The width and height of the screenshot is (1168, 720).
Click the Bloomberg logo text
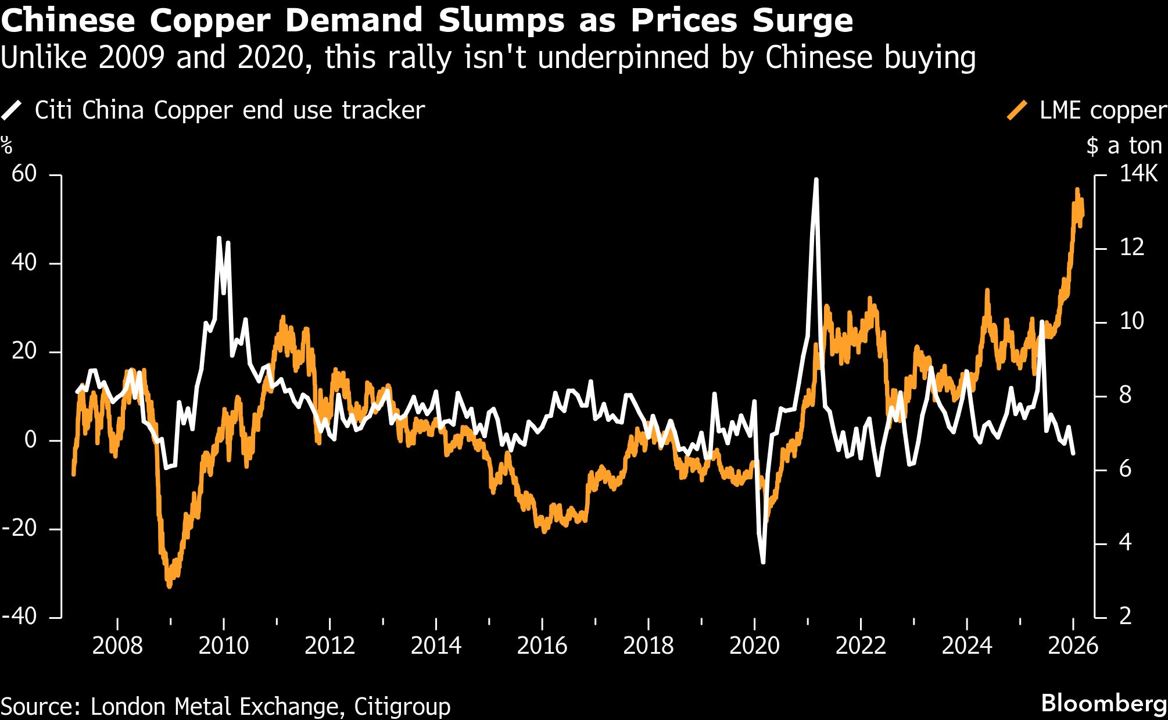pos(1103,703)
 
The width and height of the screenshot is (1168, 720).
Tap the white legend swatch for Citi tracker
pos(12,110)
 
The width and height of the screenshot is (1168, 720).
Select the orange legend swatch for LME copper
pos(1017,110)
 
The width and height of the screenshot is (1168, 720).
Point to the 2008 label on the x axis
pos(117,646)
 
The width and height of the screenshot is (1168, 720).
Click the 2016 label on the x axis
pos(542,646)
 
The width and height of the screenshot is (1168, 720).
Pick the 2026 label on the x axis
pos(1073,646)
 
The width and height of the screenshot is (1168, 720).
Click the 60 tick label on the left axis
pos(24,174)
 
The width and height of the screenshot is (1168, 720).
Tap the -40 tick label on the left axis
pos(20,616)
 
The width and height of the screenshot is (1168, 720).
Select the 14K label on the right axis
pos(1138,174)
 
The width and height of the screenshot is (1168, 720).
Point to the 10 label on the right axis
pos(1131,321)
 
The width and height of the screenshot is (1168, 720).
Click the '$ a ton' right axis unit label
pos(1124,146)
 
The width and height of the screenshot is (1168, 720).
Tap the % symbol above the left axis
pos(6,145)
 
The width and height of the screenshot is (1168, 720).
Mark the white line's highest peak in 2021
pos(816,180)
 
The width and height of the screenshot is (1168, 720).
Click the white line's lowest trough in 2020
pos(762,562)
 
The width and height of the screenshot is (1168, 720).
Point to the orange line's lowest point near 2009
pos(169,586)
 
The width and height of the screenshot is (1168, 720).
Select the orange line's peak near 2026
pos(1077,189)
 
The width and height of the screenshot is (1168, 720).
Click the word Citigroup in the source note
pos(402,707)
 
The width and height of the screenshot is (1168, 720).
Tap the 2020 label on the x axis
pos(754,646)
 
